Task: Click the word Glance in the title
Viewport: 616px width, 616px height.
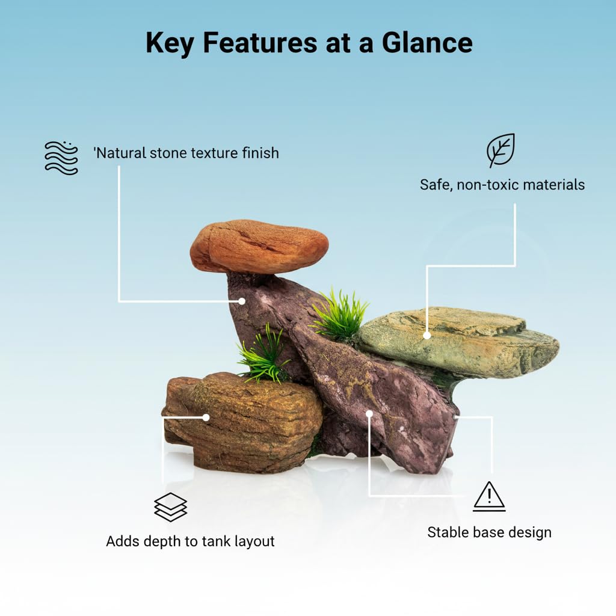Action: pos(427,43)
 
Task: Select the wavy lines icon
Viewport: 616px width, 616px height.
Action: pos(61,158)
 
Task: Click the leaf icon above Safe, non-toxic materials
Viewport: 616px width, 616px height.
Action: pos(500,150)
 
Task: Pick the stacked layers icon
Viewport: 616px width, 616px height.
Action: pos(170,507)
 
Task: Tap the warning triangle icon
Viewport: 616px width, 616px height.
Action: pos(489,496)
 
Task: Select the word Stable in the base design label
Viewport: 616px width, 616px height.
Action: pos(448,532)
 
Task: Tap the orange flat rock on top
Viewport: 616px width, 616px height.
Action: pos(259,246)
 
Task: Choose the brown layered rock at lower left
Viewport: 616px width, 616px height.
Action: pos(242,422)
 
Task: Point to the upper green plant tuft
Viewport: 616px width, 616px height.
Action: pos(339,314)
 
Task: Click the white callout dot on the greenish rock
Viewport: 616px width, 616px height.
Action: pos(427,336)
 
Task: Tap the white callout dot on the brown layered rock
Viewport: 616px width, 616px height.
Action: pos(206,417)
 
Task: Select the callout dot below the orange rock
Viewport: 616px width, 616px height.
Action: pos(242,301)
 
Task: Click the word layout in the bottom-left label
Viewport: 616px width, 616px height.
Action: pos(254,541)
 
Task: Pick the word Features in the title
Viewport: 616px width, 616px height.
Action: pos(260,43)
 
